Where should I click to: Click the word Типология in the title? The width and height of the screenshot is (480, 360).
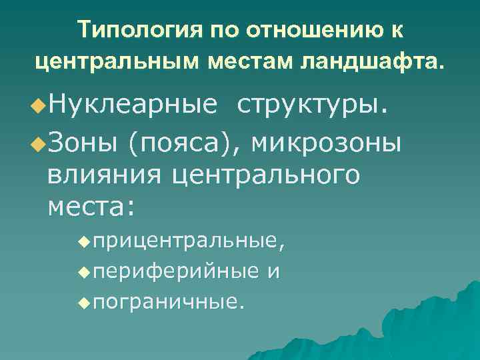pyautogui.click(x=131, y=31)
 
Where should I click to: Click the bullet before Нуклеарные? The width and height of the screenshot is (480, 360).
pyautogui.click(x=39, y=105)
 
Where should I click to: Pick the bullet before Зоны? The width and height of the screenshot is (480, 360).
pyautogui.click(x=39, y=142)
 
